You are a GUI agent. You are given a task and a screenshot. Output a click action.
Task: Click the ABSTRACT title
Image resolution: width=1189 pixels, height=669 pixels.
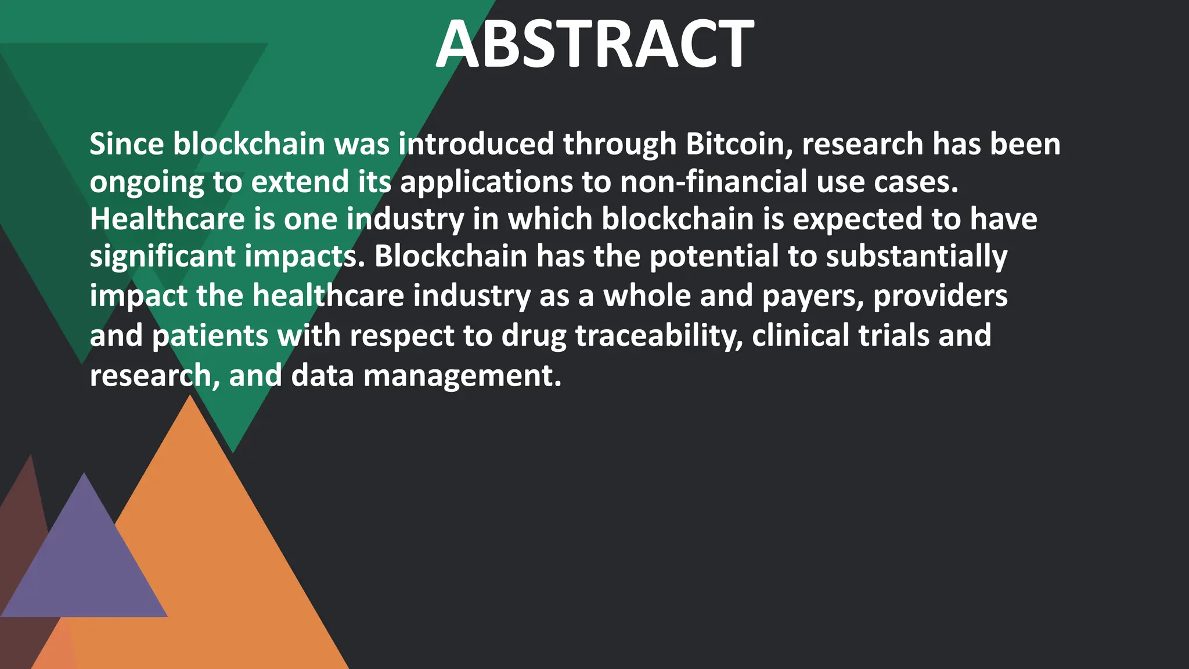coord(594,44)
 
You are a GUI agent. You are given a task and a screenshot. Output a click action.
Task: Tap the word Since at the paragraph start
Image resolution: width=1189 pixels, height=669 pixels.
coord(127,143)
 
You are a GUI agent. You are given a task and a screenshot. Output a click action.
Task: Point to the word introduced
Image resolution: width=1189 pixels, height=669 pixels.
coord(476,143)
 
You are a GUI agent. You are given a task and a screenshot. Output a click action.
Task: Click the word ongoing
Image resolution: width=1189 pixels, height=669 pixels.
coord(146,183)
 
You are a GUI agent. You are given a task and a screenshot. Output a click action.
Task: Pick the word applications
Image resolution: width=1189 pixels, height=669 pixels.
coord(487,182)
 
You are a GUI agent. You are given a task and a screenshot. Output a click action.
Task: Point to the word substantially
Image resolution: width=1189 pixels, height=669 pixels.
coord(917,257)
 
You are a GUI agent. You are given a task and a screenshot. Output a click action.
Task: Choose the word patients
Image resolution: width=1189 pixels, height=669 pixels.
coord(210,336)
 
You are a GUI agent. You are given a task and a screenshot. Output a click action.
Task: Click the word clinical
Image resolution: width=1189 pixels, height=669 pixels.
coord(801,335)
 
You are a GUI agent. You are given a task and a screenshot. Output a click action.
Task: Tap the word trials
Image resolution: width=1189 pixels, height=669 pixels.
coord(894,335)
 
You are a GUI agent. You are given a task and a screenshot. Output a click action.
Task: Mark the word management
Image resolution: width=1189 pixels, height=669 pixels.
coord(462,376)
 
